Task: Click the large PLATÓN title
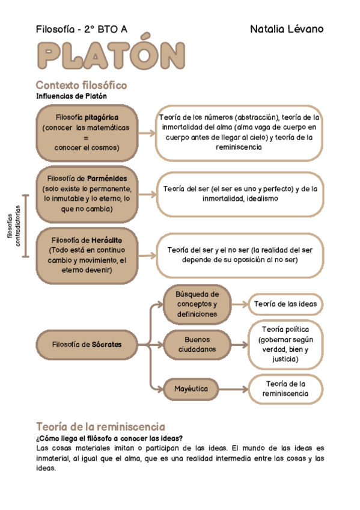(x=110, y=57)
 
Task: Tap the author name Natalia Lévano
(x=286, y=29)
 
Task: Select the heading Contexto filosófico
(x=81, y=85)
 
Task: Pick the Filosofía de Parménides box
(x=87, y=194)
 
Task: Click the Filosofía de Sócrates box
(x=87, y=345)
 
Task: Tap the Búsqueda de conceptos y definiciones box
(x=197, y=304)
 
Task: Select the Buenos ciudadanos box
(x=197, y=344)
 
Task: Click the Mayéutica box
(x=191, y=389)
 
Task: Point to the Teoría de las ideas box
(x=285, y=304)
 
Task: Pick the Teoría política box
(x=285, y=344)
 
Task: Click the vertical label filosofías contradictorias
(x=13, y=227)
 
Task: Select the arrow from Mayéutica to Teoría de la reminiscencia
(x=233, y=389)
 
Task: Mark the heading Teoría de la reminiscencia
(x=100, y=426)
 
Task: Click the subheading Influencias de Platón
(x=71, y=96)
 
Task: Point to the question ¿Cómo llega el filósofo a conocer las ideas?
(x=109, y=438)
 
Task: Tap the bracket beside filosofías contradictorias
(x=25, y=226)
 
